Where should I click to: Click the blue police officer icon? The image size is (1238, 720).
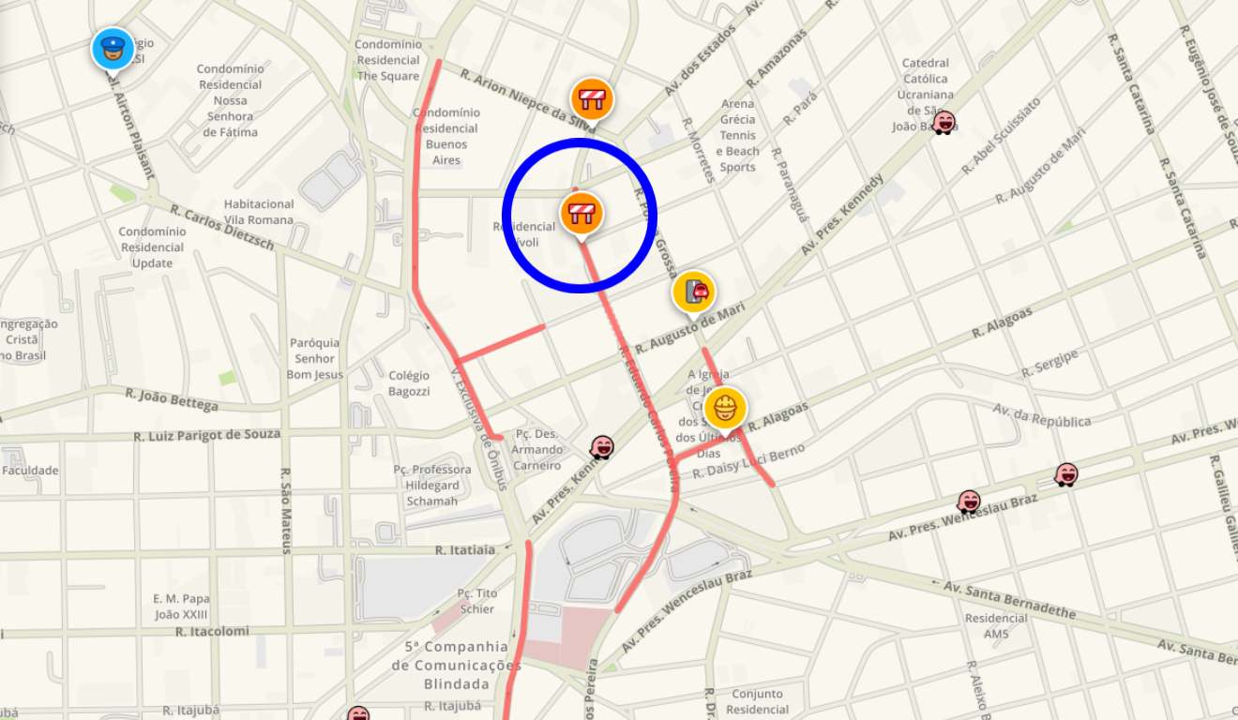pos(113,49)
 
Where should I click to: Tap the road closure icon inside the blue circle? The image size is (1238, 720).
pos(581,212)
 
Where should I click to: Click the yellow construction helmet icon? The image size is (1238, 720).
pos(725,408)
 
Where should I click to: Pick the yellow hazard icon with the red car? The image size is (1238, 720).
pos(694,292)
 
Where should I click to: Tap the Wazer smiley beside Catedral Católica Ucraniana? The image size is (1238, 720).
pos(944,123)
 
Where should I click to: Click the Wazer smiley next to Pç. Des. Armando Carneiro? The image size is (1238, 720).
pos(602,447)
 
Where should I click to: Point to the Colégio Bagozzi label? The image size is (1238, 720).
pos(409,382)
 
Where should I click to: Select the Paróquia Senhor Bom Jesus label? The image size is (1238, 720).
pos(315,359)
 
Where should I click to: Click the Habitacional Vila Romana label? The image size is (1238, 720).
pos(259,212)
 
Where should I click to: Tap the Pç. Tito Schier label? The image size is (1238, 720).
pos(477,601)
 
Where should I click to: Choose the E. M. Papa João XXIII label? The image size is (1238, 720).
pos(181,607)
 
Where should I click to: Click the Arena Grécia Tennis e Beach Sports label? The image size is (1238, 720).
pos(738,136)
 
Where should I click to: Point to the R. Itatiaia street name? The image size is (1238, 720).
pos(464,550)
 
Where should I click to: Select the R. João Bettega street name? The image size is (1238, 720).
pos(172,400)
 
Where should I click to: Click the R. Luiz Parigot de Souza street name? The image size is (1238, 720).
pos(206,435)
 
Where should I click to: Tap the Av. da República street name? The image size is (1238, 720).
pos(1041,415)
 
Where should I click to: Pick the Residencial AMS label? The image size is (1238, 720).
pos(996,626)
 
